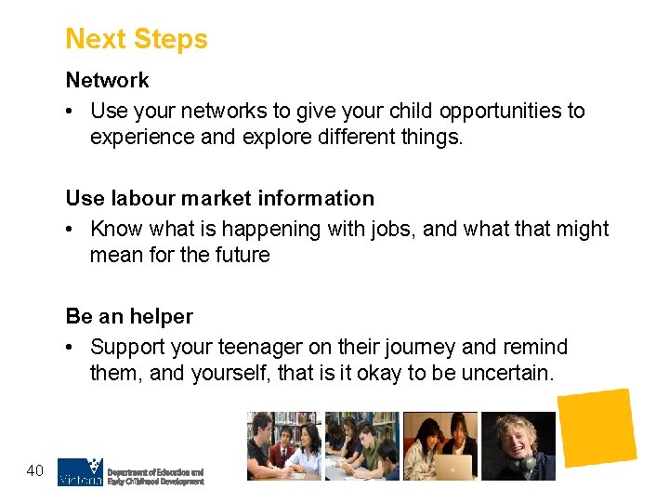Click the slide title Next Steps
137,39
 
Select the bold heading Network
107,81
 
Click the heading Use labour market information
219,198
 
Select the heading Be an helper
129,316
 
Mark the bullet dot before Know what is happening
72,230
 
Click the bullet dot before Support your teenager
72,348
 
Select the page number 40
35,471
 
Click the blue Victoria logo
79,471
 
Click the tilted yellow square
596,427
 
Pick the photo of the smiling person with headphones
518,446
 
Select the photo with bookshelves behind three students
283,446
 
